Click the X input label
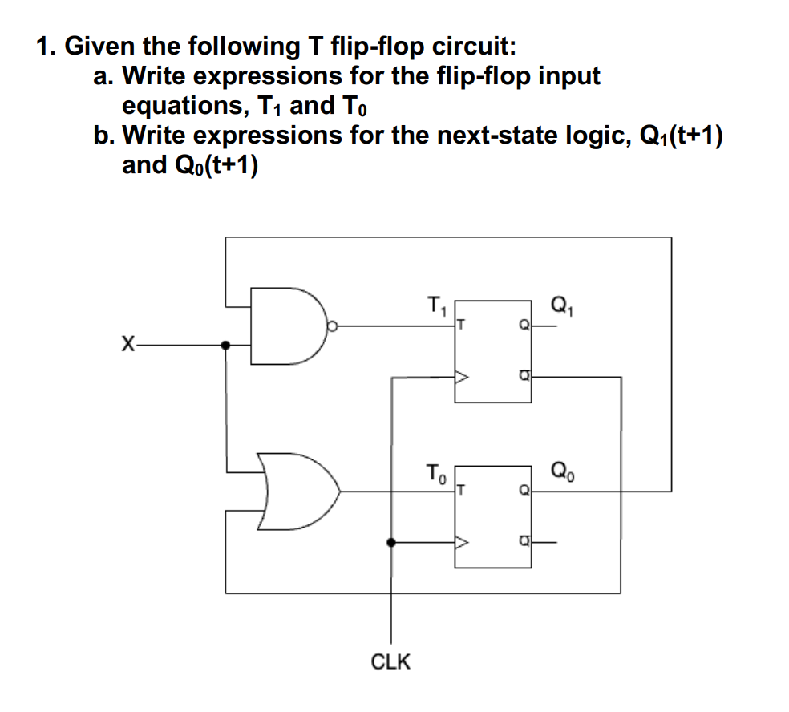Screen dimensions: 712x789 coord(125,346)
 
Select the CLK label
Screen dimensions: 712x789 coord(390,661)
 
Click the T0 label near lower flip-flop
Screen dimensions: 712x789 coord(434,471)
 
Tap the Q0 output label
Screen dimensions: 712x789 coord(561,469)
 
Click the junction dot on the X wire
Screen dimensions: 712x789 coord(225,346)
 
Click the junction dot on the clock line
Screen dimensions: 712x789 coord(390,543)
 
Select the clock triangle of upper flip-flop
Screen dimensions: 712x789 coord(463,376)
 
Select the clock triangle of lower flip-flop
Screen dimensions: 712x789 coord(463,543)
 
